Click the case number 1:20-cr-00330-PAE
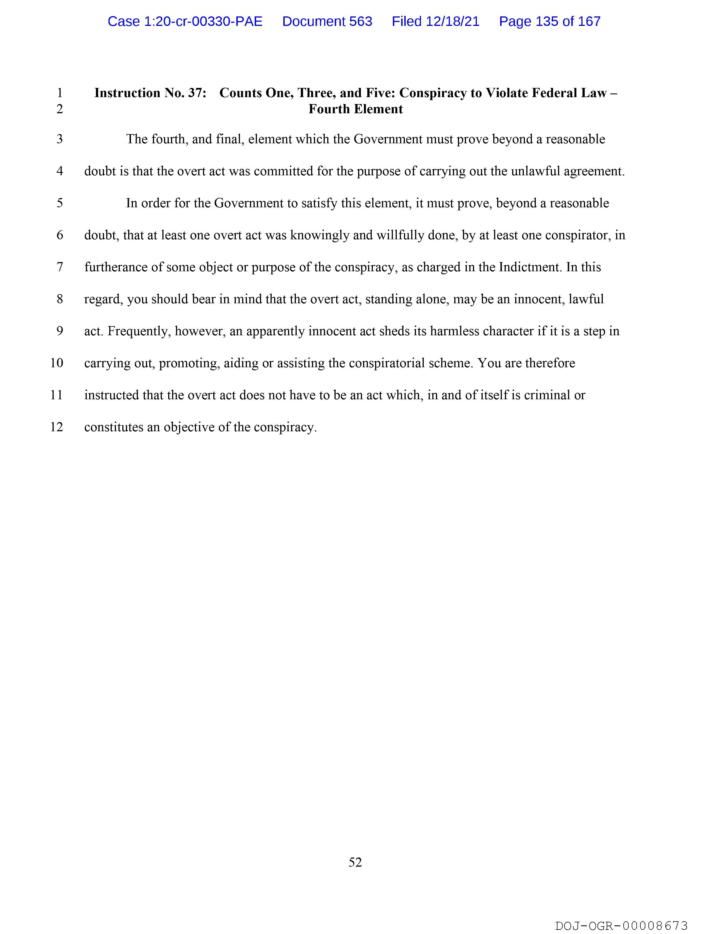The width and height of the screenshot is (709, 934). point(185,21)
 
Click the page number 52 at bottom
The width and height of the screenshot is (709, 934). point(355,862)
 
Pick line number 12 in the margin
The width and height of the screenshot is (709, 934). point(56,427)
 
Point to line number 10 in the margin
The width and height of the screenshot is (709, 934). point(56,363)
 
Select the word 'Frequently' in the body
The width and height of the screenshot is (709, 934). point(138,331)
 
